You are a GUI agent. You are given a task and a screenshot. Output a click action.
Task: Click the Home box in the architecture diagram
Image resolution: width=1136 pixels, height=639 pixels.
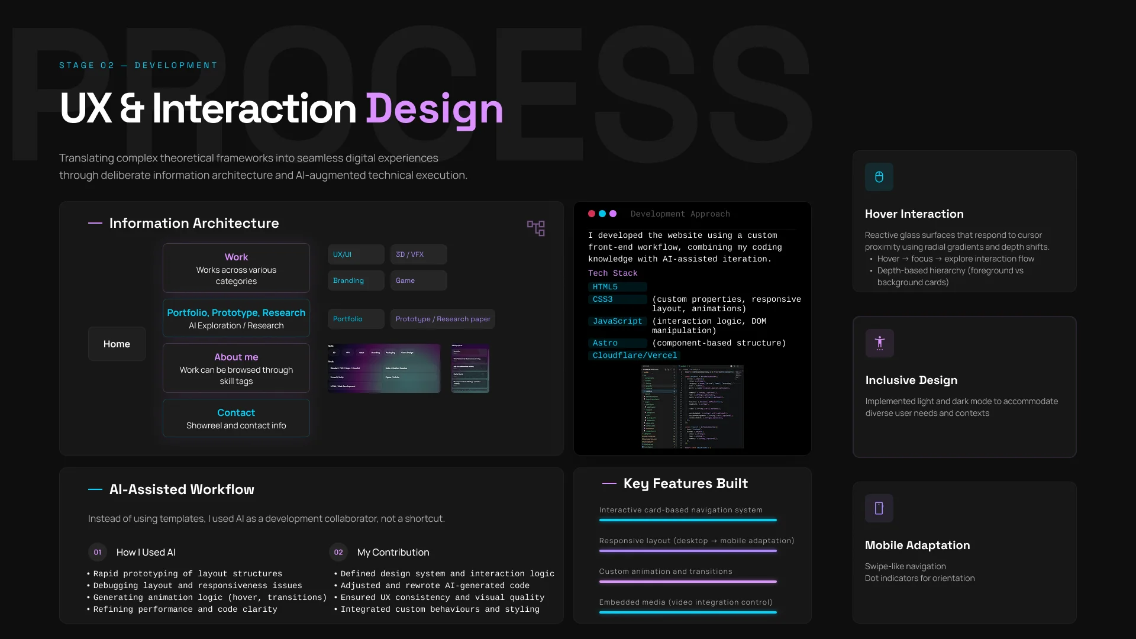pyautogui.click(x=117, y=344)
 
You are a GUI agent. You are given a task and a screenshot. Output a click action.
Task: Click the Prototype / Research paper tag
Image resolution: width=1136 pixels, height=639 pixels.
pyautogui.click(x=443, y=319)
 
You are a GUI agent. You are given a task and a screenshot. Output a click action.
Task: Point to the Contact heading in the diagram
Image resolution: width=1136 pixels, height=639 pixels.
pyautogui.click(x=236, y=412)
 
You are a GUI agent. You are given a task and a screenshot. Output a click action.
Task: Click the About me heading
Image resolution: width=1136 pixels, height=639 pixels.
pyautogui.click(x=236, y=357)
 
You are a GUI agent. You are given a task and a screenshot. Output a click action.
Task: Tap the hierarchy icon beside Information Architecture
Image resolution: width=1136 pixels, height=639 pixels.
pyautogui.click(x=536, y=228)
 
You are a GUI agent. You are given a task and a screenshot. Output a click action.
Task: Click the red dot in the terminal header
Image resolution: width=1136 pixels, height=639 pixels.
pyautogui.click(x=592, y=214)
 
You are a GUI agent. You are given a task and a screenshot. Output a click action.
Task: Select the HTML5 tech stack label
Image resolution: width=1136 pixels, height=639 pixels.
pyautogui.click(x=605, y=287)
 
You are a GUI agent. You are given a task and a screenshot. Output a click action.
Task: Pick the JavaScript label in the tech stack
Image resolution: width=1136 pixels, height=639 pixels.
pyautogui.click(x=617, y=321)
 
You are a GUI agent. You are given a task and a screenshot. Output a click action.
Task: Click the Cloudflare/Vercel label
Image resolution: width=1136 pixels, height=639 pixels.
pyautogui.click(x=634, y=356)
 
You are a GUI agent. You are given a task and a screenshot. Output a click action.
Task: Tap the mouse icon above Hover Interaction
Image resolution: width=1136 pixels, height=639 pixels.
pyautogui.click(x=879, y=177)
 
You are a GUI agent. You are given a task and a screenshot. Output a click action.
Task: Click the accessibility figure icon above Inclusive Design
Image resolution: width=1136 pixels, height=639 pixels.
pyautogui.click(x=880, y=343)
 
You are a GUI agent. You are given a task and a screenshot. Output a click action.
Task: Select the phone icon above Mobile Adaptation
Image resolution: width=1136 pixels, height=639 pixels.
pyautogui.click(x=879, y=508)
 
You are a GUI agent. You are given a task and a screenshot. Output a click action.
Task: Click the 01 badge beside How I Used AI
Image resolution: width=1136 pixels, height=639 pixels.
pyautogui.click(x=98, y=552)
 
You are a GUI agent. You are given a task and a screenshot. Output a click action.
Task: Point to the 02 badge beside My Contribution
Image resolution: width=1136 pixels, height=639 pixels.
pyautogui.click(x=338, y=552)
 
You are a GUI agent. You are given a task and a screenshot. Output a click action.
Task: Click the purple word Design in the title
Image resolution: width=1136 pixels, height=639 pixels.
pyautogui.click(x=434, y=109)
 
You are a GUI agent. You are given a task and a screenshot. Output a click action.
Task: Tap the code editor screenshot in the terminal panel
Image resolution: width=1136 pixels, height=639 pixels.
pyautogui.click(x=692, y=407)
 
